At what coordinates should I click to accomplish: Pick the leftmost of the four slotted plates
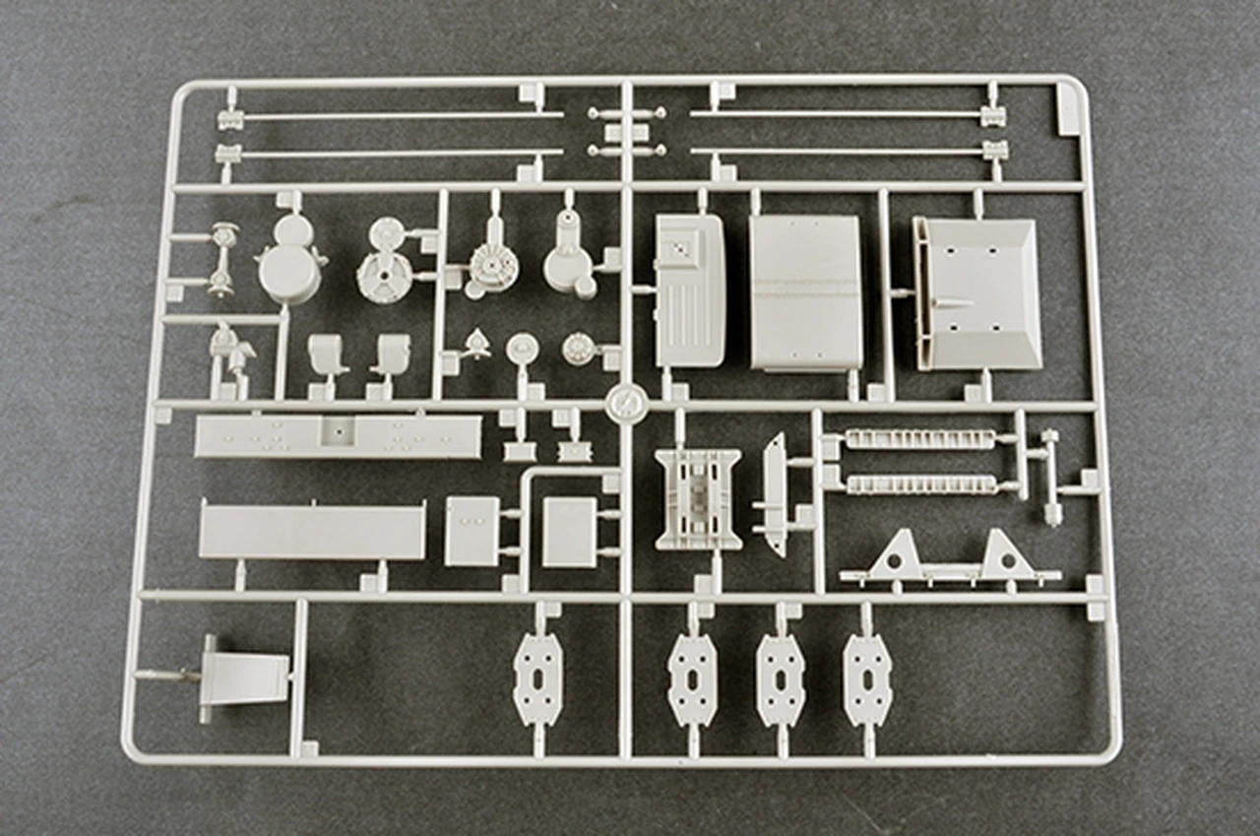pyautogui.click(x=537, y=678)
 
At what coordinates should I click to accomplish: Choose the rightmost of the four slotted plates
pyautogui.click(x=867, y=679)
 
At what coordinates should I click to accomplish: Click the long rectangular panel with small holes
pyautogui.click(x=338, y=435)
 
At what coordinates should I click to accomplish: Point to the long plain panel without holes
pyautogui.click(x=312, y=533)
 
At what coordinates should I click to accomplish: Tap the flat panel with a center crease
pyautogui.click(x=805, y=292)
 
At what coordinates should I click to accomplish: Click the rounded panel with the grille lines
pyautogui.click(x=690, y=290)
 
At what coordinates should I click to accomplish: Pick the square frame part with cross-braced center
pyautogui.click(x=698, y=498)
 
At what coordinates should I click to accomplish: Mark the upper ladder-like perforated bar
pyautogui.click(x=920, y=439)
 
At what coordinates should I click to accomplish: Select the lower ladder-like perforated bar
pyautogui.click(x=920, y=484)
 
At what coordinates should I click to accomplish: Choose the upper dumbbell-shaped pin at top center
pyautogui.click(x=627, y=114)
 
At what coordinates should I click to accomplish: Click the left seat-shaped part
pyautogui.click(x=328, y=354)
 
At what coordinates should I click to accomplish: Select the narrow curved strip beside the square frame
pyautogui.click(x=775, y=493)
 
